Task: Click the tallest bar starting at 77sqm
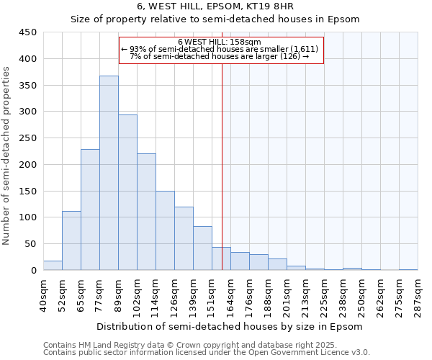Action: [109, 173]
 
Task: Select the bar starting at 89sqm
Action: [127, 192]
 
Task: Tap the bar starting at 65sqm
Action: [90, 210]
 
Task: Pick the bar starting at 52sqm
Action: [71, 240]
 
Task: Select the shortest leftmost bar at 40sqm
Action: [53, 265]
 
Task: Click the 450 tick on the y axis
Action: [28, 32]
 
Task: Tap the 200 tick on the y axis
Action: [28, 164]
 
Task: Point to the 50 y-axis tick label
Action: [31, 244]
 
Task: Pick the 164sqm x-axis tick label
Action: [230, 295]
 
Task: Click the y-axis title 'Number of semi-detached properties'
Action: [6, 156]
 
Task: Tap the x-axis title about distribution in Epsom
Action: [229, 326]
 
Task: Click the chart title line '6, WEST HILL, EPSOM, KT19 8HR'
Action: [215, 7]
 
